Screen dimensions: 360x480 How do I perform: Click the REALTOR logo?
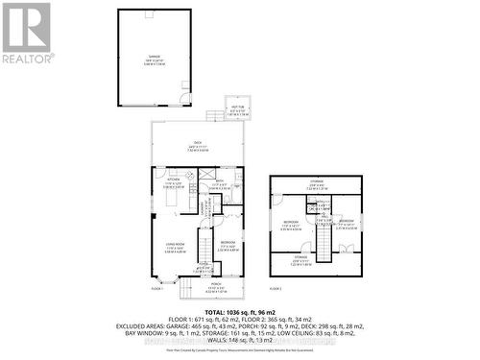[27, 33]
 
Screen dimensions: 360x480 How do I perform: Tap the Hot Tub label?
[235, 111]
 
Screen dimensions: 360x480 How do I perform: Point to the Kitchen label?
[174, 182]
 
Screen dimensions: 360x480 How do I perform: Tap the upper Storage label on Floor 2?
[316, 185]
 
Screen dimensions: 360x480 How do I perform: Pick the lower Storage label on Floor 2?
[300, 258]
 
